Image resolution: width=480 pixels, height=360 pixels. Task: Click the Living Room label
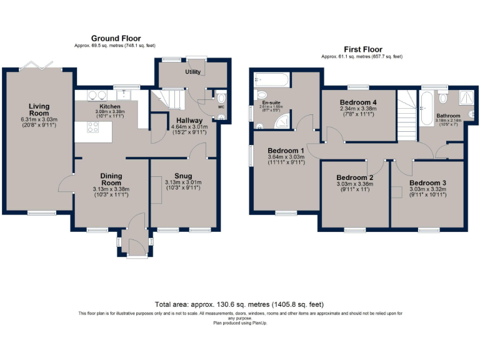click(x=39, y=110)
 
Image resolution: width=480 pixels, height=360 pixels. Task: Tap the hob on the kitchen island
click(x=93, y=127)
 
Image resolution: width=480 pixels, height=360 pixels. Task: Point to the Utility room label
click(x=192, y=72)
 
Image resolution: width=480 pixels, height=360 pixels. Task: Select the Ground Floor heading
click(x=116, y=38)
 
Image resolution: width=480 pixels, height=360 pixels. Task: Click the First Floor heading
click(x=363, y=49)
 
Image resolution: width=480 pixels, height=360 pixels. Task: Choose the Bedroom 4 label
click(x=359, y=102)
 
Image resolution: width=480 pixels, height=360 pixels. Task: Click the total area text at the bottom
click(x=239, y=304)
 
